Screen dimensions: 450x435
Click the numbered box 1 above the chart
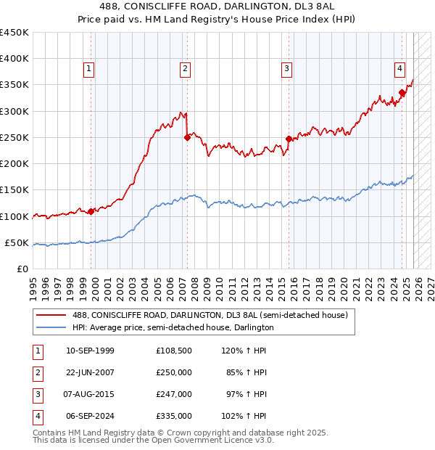88,69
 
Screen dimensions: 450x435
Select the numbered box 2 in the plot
186,69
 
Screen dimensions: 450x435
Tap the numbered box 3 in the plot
287,69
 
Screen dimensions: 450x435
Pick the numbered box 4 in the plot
399,69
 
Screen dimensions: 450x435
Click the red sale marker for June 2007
187,137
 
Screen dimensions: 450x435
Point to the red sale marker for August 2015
289,139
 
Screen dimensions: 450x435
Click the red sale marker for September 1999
91,211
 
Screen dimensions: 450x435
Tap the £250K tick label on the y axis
14,137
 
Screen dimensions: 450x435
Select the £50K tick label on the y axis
17,242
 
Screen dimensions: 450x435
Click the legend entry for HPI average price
173,327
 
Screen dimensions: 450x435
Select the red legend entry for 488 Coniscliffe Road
210,315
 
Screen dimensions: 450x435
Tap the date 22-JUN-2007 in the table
90,372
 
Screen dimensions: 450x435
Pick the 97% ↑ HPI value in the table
246,394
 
